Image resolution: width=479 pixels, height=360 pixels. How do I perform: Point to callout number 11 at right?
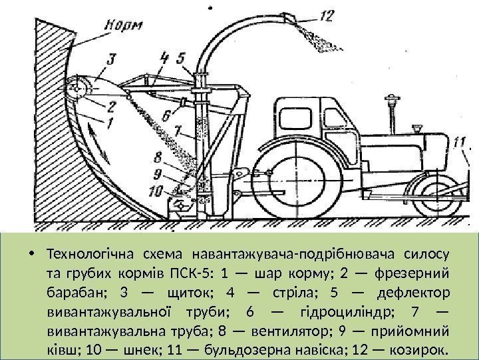(x=458, y=141)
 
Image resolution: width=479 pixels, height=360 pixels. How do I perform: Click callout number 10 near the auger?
(x=155, y=190)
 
